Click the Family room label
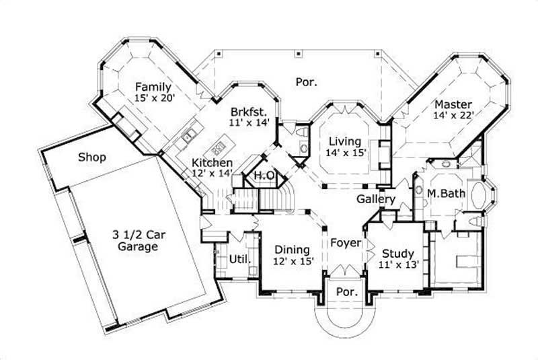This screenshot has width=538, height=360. coord(153,87)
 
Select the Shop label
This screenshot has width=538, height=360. coord(93,157)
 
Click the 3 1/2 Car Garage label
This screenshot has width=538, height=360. coord(135,240)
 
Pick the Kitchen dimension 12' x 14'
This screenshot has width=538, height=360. coord(213,174)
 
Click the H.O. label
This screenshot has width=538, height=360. coord(263,176)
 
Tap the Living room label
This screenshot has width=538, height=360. coord(345,142)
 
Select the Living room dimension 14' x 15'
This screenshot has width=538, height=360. coord(345,153)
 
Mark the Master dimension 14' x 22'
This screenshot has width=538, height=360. coord(454,115)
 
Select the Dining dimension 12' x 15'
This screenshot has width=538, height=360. coord(293,261)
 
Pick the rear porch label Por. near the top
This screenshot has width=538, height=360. coord(306,82)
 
